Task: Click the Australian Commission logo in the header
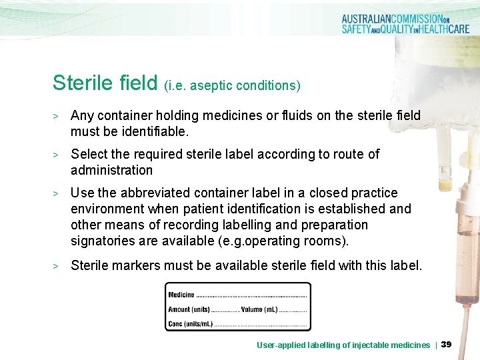pyautogui.click(x=404, y=24)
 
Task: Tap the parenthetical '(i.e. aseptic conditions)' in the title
pyautogui.click(x=232, y=85)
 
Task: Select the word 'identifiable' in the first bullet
pyautogui.click(x=155, y=131)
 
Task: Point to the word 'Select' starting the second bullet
pyautogui.click(x=90, y=154)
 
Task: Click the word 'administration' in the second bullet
pyautogui.click(x=111, y=170)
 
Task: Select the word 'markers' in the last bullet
pyautogui.click(x=137, y=266)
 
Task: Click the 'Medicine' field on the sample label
pyautogui.click(x=181, y=294)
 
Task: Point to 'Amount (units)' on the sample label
pyautogui.click(x=189, y=309)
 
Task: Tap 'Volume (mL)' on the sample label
pyautogui.click(x=259, y=309)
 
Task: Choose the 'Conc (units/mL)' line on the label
pyautogui.click(x=191, y=324)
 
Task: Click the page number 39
pyautogui.click(x=447, y=344)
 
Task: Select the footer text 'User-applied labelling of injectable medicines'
pyautogui.click(x=343, y=345)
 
